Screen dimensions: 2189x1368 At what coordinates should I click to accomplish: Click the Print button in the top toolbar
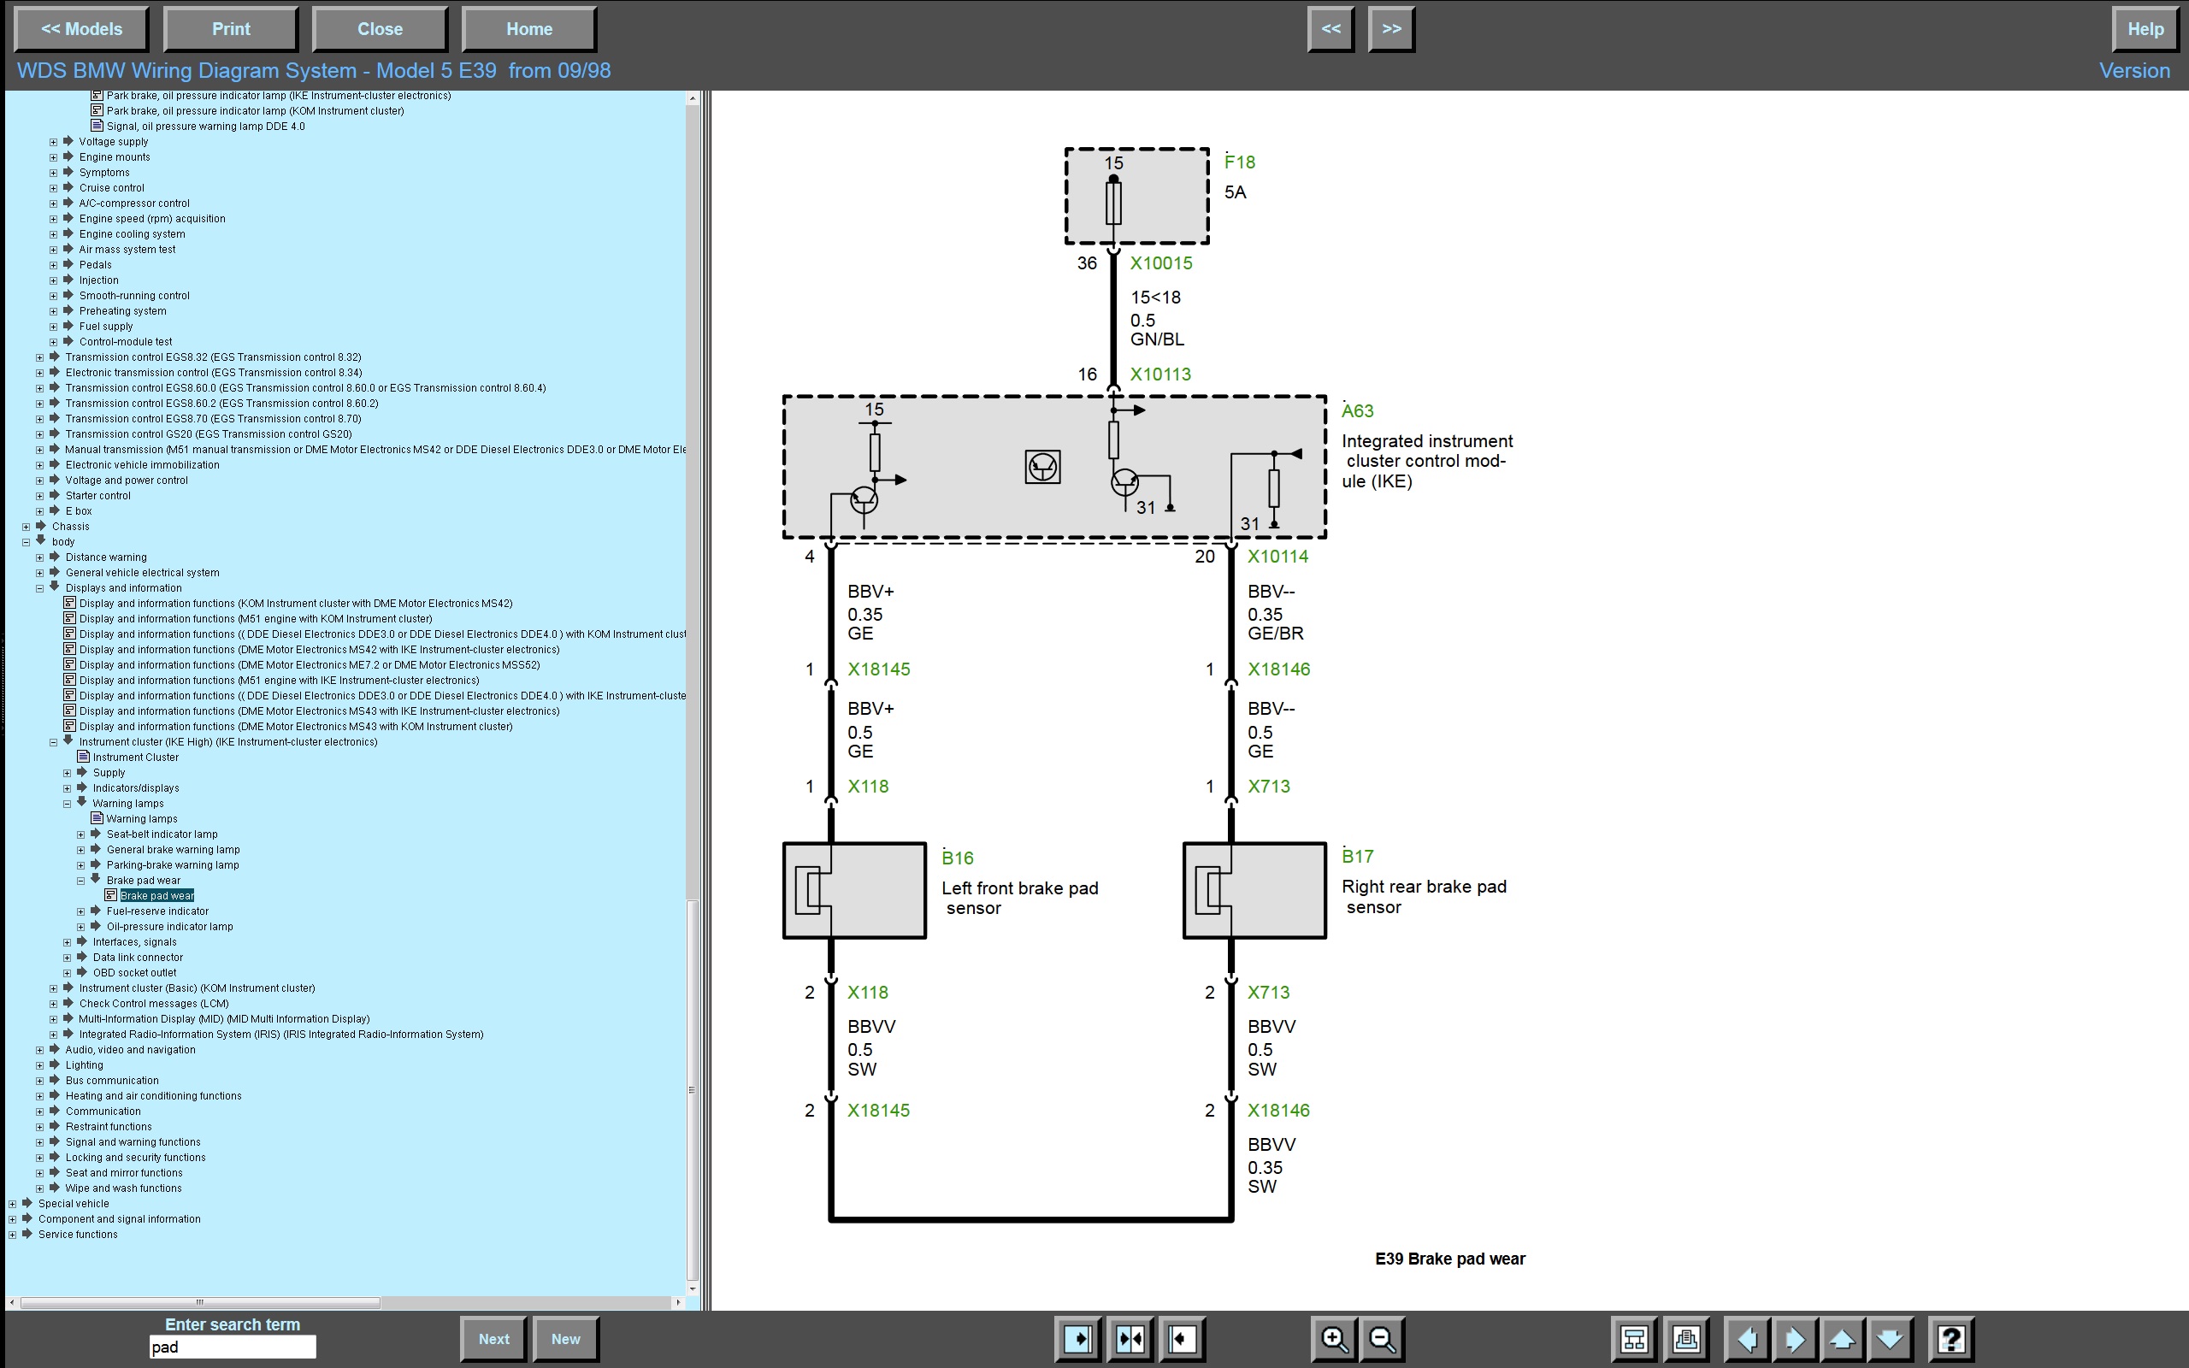point(231,29)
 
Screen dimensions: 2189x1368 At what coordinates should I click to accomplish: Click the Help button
point(2145,29)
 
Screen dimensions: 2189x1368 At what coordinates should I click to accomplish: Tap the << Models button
point(81,29)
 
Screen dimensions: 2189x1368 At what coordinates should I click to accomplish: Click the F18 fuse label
point(1239,162)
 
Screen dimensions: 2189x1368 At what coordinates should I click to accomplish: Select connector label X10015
point(1161,263)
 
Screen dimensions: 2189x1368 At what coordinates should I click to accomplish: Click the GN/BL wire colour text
point(1157,339)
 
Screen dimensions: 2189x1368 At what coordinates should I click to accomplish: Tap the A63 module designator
point(1357,410)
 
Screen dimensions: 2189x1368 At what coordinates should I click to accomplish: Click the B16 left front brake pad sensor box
point(854,890)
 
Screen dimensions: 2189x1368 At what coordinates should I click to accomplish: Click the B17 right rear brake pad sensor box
point(1254,890)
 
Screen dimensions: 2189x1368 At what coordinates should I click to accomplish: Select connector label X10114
point(1277,557)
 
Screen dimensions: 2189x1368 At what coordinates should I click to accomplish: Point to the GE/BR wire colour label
point(1276,634)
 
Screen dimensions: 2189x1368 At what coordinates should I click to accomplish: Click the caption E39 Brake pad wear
point(1450,1259)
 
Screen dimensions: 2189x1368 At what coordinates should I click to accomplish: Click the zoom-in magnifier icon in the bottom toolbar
point(1334,1338)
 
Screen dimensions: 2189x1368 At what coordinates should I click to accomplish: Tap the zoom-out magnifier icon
point(1382,1338)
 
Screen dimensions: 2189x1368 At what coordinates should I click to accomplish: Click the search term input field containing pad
point(233,1347)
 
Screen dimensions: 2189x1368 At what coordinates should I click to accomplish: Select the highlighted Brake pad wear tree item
point(157,896)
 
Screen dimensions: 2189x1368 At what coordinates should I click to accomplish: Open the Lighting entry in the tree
point(84,1065)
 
